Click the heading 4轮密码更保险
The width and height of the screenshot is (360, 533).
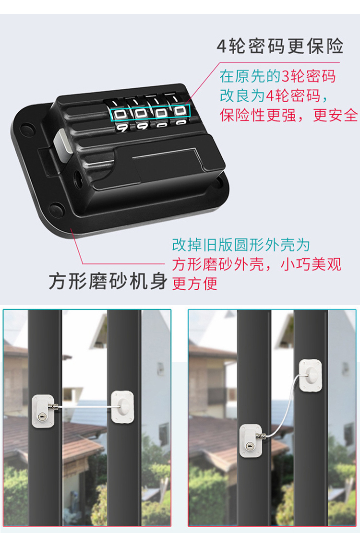click(x=280, y=46)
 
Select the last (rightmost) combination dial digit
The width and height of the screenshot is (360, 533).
click(x=180, y=110)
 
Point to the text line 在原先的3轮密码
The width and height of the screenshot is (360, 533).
click(x=278, y=76)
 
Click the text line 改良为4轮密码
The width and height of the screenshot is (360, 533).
click(x=274, y=95)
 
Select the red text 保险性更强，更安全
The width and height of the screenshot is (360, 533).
click(x=289, y=115)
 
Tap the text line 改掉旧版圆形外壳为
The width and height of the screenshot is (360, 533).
click(x=241, y=245)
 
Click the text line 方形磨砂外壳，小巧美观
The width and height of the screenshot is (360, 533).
click(x=257, y=264)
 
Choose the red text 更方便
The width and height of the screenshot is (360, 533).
click(x=194, y=284)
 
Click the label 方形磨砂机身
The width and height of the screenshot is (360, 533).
click(x=108, y=281)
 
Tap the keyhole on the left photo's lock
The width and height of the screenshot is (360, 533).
click(x=42, y=416)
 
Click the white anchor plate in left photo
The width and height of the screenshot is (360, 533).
click(x=122, y=407)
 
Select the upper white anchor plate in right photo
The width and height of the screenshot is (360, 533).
click(x=310, y=376)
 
